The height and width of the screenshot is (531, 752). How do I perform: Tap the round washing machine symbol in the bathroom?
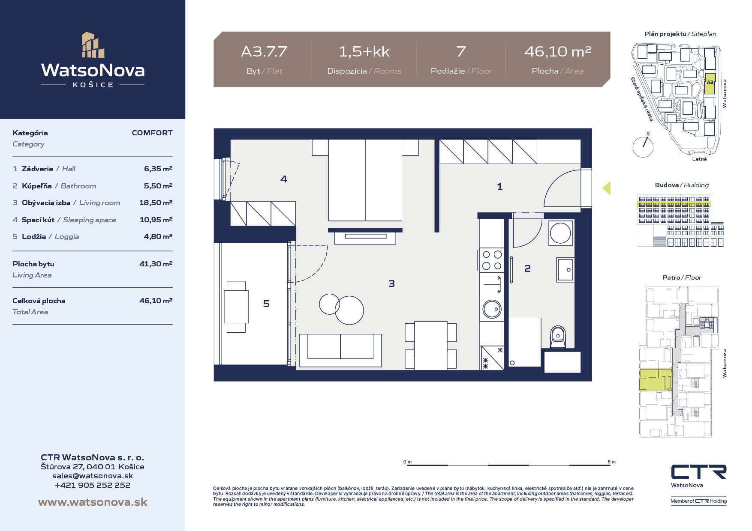[x=560, y=233]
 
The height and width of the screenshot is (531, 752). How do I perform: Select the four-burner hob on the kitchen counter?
[x=492, y=260]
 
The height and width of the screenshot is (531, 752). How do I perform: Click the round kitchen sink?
[x=492, y=309]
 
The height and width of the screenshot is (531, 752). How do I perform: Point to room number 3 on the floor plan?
[x=391, y=283]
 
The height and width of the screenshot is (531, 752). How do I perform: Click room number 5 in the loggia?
[x=266, y=304]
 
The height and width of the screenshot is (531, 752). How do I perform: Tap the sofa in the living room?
[x=340, y=350]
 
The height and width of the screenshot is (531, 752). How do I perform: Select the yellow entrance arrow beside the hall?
[x=606, y=188]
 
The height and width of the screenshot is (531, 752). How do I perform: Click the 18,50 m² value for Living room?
[x=156, y=203]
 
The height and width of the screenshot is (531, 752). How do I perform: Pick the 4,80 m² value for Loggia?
[x=158, y=236]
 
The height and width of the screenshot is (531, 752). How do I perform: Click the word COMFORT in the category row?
[x=152, y=133]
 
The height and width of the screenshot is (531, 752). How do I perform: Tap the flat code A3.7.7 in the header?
[x=264, y=52]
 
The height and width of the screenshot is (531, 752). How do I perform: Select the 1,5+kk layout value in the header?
[x=364, y=52]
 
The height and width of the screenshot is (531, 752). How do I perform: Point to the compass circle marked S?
[x=643, y=147]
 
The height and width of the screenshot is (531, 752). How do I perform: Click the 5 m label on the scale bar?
[x=612, y=462]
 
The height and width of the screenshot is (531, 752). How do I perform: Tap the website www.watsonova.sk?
[x=93, y=502]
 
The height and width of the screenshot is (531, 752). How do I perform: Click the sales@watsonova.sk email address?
[x=93, y=476]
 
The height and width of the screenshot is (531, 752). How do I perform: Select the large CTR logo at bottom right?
[x=699, y=472]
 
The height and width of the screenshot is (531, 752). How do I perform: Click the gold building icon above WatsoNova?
[x=93, y=45]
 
